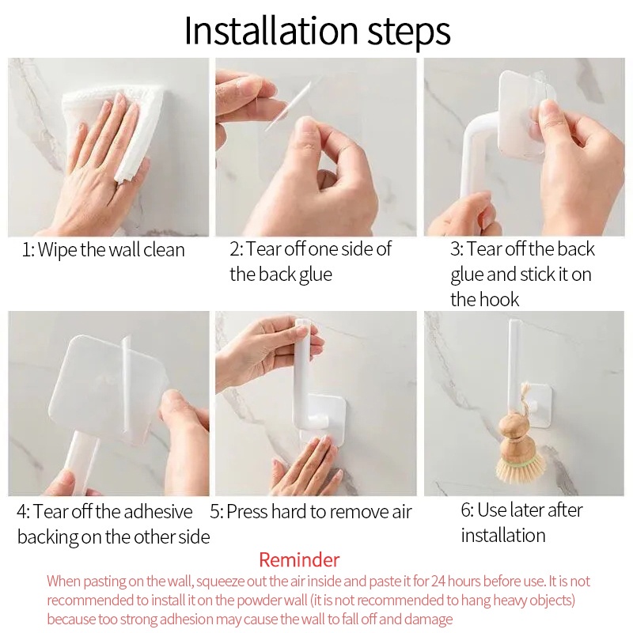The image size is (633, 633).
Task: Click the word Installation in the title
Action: click(271, 31)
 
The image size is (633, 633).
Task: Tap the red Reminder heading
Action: click(299, 560)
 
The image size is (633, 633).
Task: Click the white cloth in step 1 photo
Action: click(113, 125)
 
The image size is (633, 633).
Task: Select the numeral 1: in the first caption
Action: click(28, 250)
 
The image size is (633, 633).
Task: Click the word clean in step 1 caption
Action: click(164, 250)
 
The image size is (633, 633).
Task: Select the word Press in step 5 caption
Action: click(246, 512)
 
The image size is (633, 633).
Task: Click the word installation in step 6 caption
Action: click(503, 536)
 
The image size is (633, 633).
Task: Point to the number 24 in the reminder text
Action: click(438, 582)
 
